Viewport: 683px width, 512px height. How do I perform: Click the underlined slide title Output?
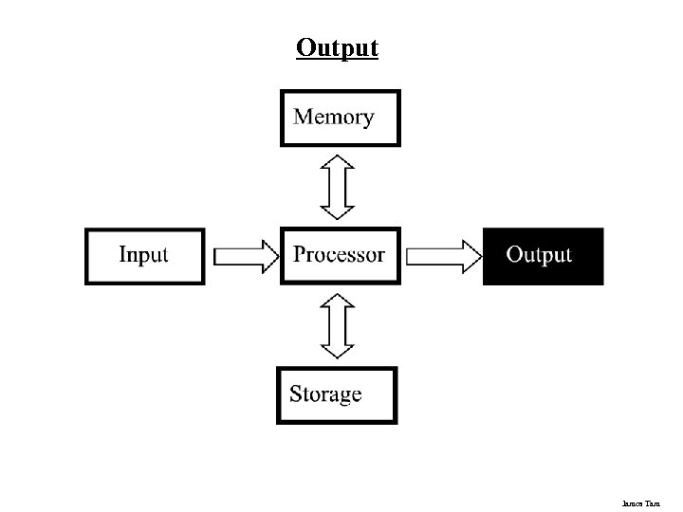337,47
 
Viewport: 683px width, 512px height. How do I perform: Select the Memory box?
340,118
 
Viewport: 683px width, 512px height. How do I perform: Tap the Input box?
144,256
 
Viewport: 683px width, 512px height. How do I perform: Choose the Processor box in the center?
340,255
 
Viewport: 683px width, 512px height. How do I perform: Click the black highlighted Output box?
543,256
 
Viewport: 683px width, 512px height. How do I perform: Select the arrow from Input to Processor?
245,256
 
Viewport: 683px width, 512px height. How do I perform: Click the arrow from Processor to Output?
444,256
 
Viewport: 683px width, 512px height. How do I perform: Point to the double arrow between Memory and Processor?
337,187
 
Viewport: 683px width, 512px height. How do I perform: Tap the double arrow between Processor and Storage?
337,325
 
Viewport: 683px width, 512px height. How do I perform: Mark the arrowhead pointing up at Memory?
337,164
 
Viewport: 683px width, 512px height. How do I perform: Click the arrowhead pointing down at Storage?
337,349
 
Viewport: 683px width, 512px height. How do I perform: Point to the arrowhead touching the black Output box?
471,256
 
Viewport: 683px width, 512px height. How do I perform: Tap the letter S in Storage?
297,393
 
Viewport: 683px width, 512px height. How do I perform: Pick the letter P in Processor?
301,254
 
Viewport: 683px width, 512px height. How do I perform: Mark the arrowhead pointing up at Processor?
337,302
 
